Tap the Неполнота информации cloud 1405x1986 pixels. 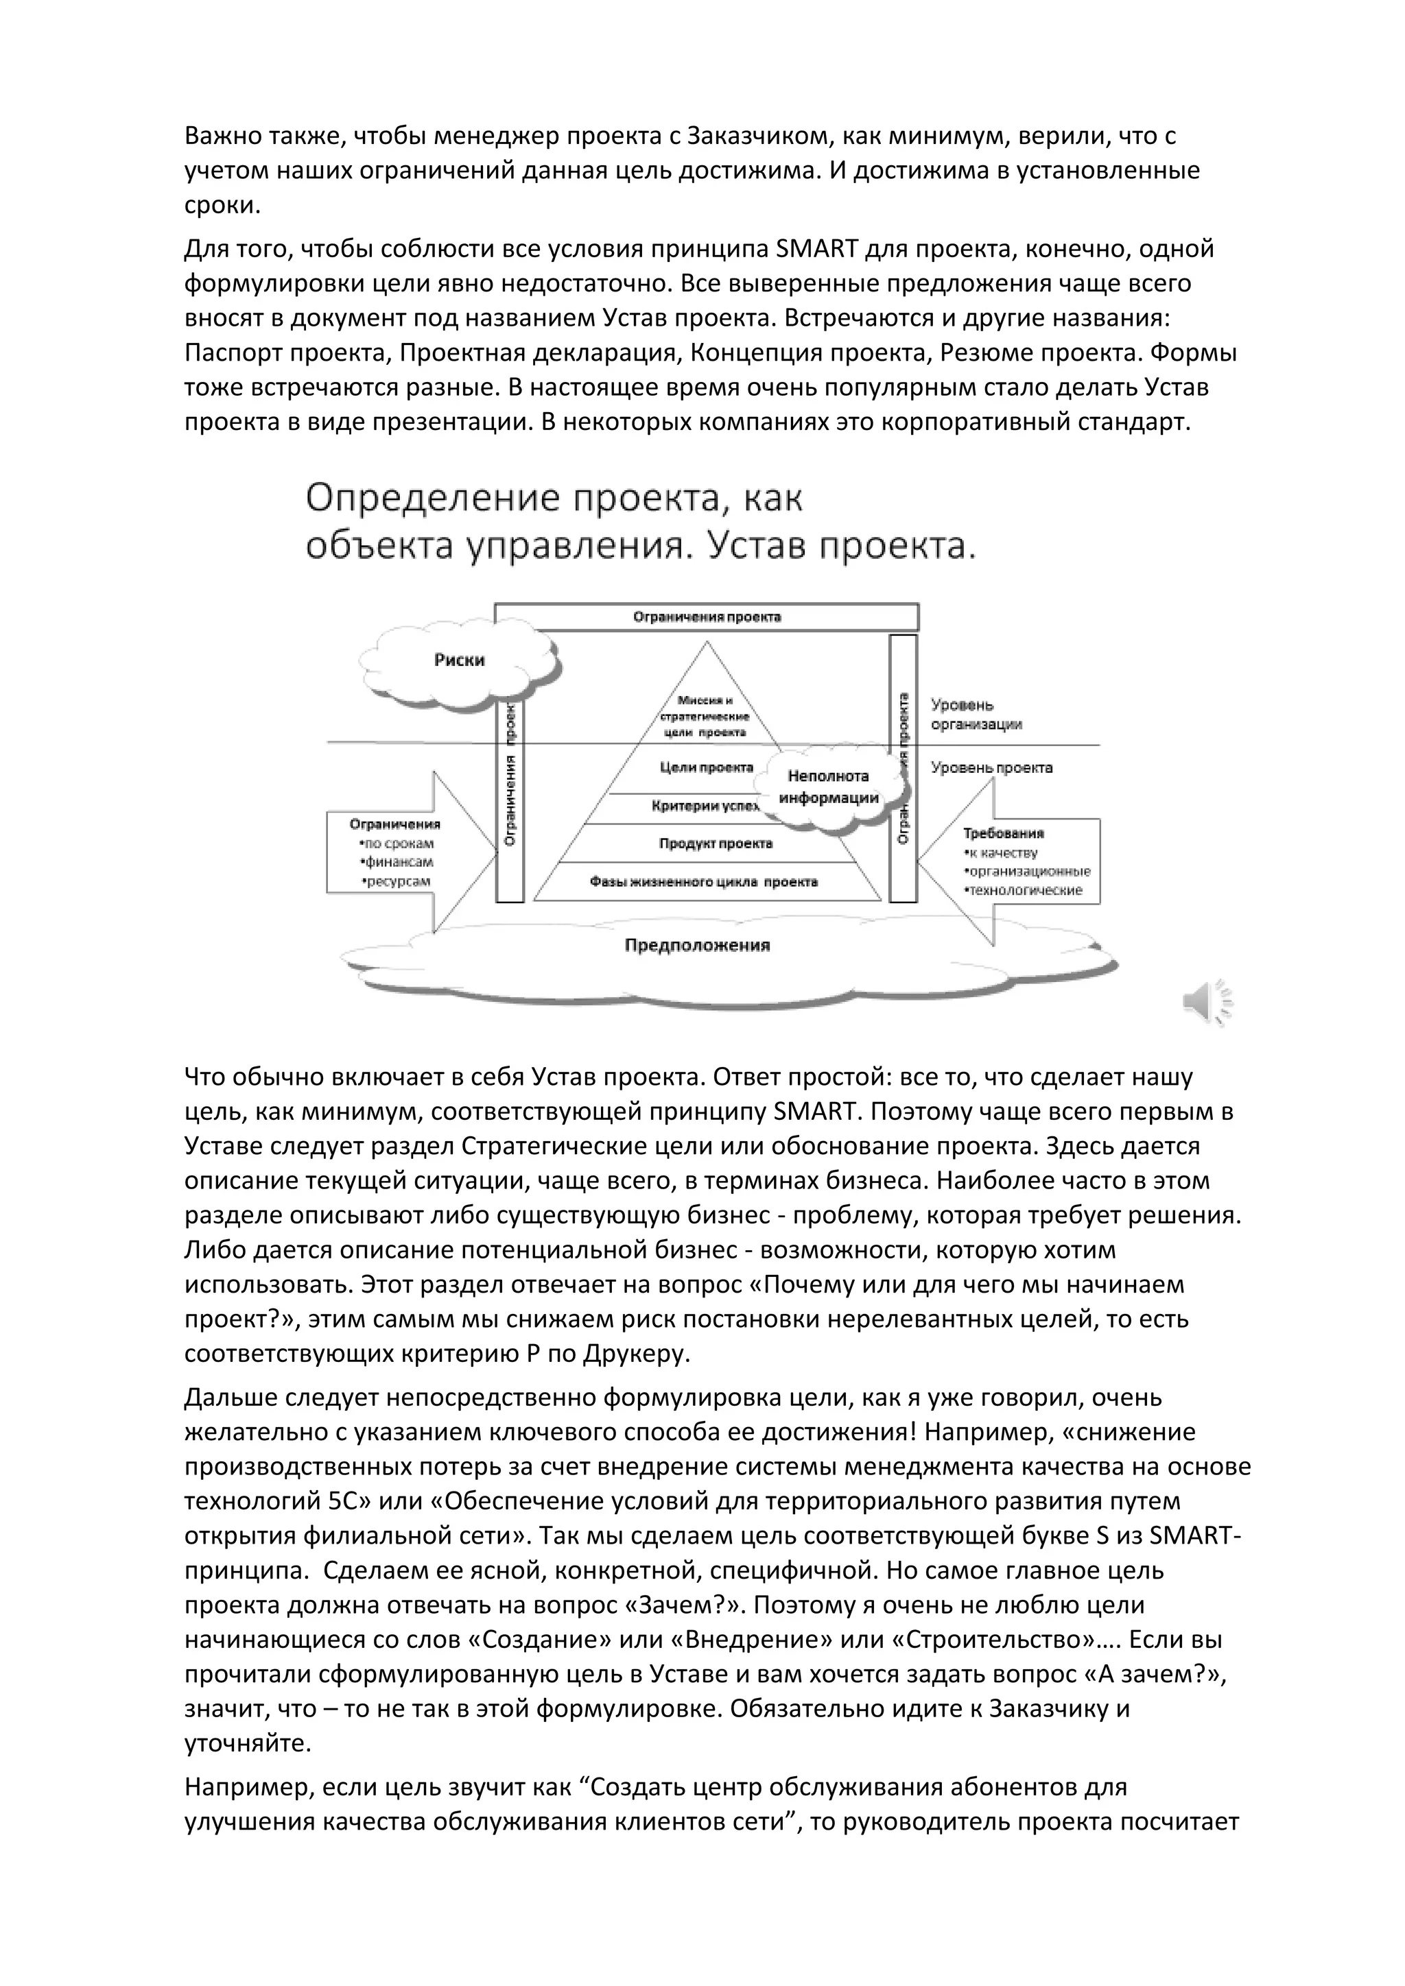828,787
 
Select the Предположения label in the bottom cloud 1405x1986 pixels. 697,946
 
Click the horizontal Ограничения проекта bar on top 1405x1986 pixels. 706,617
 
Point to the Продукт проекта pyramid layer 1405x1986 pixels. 716,844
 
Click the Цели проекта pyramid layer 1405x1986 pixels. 706,767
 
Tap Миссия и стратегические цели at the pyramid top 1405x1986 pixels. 705,716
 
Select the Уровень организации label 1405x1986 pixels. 976,715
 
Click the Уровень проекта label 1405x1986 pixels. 991,767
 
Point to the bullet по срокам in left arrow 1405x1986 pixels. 395,844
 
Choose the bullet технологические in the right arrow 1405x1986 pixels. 1024,890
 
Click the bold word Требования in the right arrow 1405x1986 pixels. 1004,834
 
